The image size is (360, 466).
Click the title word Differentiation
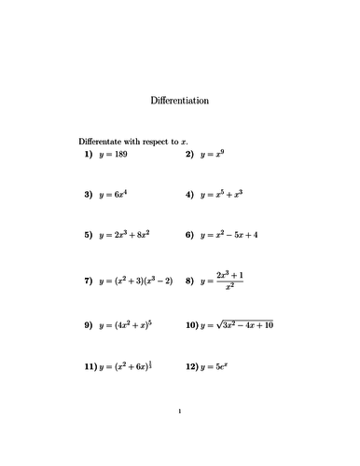[x=179, y=100]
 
